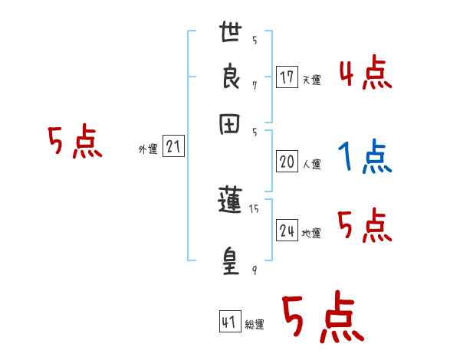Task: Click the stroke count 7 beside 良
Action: click(x=255, y=86)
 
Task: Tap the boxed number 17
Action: click(x=287, y=77)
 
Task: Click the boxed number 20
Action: click(x=287, y=162)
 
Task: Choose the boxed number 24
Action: click(x=287, y=231)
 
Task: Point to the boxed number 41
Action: click(x=229, y=322)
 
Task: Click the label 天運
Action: click(x=311, y=80)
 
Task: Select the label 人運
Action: click(x=311, y=164)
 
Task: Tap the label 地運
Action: click(x=311, y=233)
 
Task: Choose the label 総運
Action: click(x=255, y=325)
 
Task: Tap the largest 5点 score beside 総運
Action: click(x=323, y=318)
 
